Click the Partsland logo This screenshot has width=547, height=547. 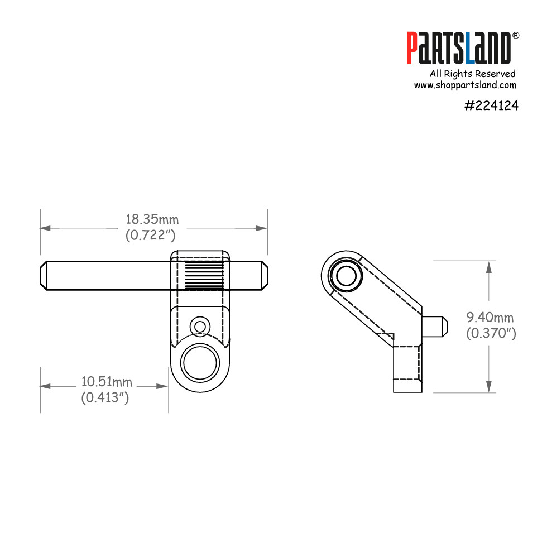[x=458, y=48]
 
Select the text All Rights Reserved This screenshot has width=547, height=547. [x=472, y=74]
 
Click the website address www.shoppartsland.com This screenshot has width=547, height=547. [x=464, y=85]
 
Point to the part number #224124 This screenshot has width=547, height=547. [x=491, y=105]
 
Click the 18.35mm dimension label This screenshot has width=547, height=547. [x=152, y=219]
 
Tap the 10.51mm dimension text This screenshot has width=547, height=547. [x=107, y=382]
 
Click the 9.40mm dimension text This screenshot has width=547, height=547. [x=490, y=318]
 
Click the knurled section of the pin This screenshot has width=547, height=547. [x=204, y=275]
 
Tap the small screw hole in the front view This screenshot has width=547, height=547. [x=199, y=325]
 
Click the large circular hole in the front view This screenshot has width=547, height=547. [x=199, y=362]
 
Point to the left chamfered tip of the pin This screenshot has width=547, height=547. [x=44, y=275]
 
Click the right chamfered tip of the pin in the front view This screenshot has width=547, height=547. [x=265, y=275]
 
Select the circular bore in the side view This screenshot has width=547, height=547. [x=345, y=275]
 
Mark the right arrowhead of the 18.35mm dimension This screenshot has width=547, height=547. [x=261, y=228]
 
